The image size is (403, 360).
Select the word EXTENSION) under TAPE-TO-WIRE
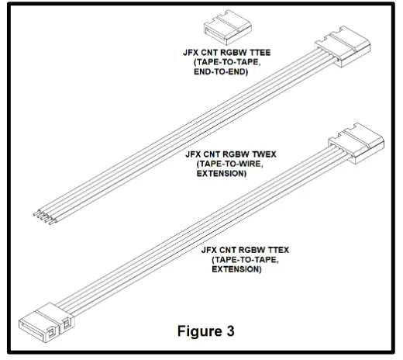[222, 175]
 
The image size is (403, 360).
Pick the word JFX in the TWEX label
[195, 154]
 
